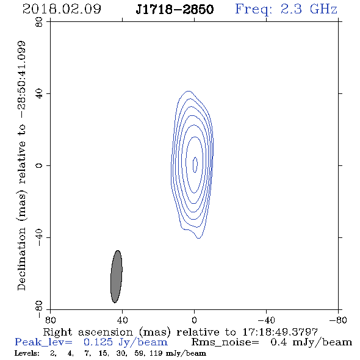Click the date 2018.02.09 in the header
click(x=62, y=9)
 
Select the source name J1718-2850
click(x=175, y=9)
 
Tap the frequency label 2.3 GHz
click(x=309, y=9)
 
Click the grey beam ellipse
click(x=117, y=276)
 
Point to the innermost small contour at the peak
click(x=195, y=165)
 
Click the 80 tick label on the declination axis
click(x=39, y=22)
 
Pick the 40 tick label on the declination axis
click(x=39, y=94)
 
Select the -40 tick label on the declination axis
click(x=39, y=237)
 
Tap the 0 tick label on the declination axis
click(x=39, y=165)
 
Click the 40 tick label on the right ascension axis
click(x=122, y=320)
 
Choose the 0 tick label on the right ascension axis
click(x=194, y=320)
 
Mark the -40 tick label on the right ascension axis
click(x=266, y=320)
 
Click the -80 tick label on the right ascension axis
click(x=338, y=320)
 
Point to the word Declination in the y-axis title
click(x=21, y=259)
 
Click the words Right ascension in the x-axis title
click(x=88, y=332)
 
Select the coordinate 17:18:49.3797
click(x=280, y=332)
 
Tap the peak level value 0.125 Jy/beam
click(x=126, y=342)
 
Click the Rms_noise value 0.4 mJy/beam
click(x=311, y=342)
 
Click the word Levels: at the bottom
click(x=27, y=353)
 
